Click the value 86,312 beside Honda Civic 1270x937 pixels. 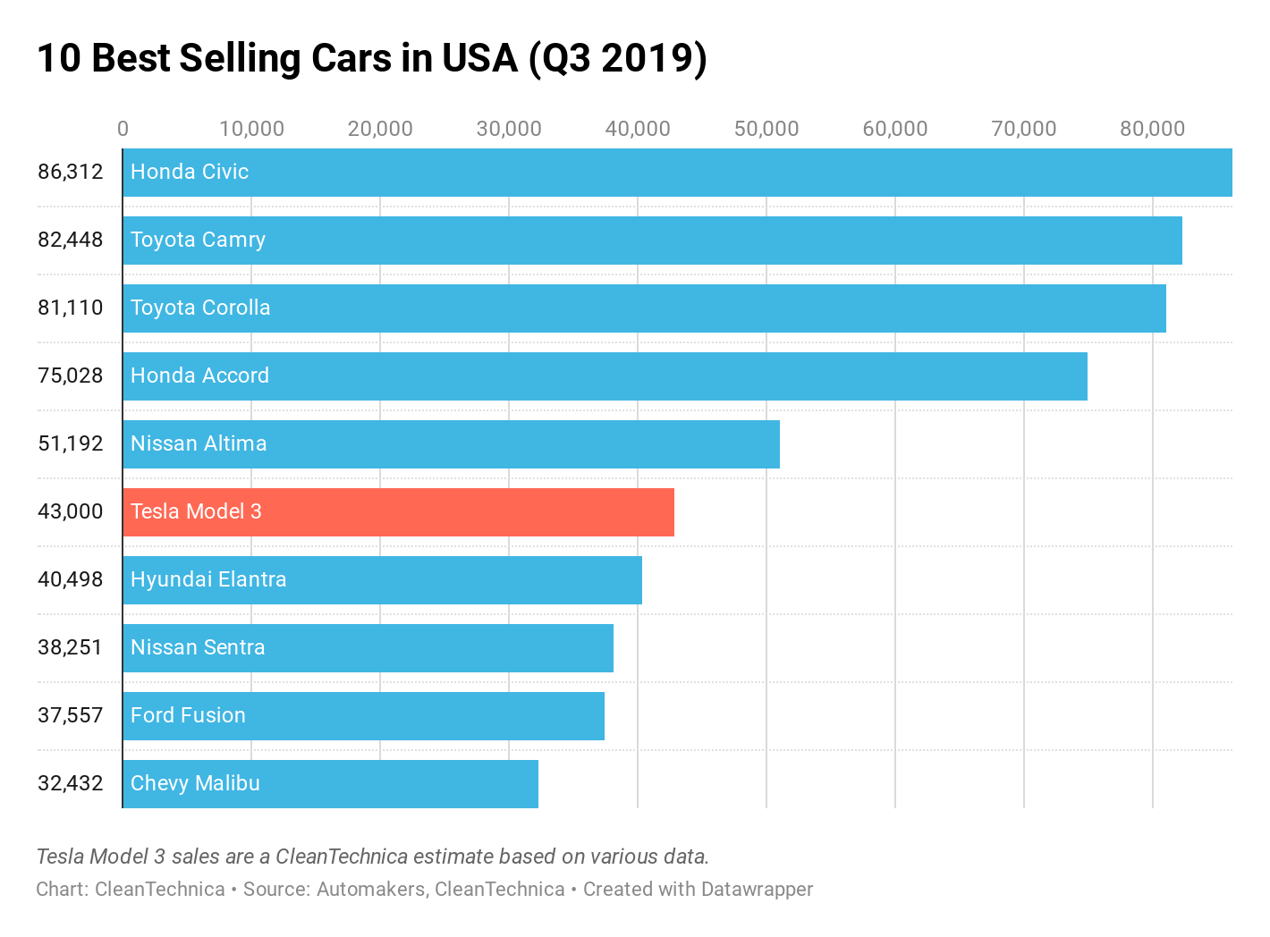coord(71,172)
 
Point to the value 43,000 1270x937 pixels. coord(71,511)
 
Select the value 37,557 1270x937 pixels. coord(71,715)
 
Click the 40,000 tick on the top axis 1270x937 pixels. coord(638,129)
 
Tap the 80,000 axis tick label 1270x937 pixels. coord(1152,129)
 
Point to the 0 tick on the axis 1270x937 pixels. coord(123,129)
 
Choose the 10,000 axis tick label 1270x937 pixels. coord(251,129)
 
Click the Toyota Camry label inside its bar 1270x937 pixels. coord(198,240)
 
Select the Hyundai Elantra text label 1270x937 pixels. coord(208,579)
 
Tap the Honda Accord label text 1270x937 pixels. coord(199,376)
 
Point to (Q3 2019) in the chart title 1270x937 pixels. coord(618,59)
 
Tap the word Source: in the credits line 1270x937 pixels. coord(276,890)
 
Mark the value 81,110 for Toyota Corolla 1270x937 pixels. coord(71,308)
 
